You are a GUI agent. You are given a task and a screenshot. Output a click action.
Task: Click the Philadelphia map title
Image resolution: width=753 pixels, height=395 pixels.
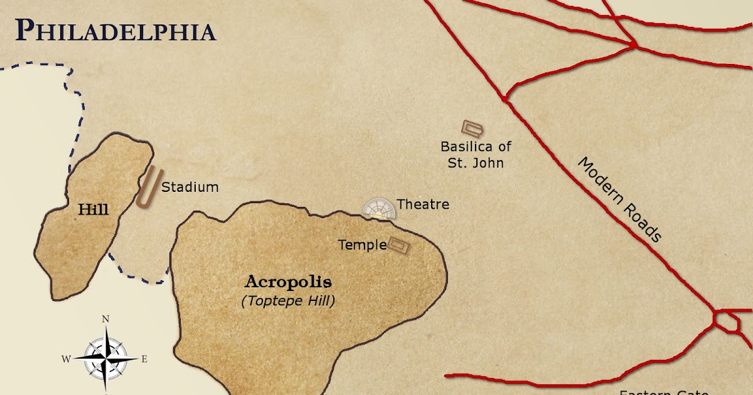[x=115, y=29]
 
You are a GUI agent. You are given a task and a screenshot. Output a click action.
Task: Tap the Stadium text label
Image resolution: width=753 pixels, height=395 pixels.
[x=190, y=187]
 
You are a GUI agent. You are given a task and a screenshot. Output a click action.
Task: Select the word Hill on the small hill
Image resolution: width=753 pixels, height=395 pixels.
[x=93, y=209]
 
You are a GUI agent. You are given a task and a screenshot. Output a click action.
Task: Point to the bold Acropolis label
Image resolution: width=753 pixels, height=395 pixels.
[x=288, y=282]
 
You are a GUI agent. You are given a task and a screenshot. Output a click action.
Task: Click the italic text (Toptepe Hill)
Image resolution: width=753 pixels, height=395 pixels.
[x=288, y=301]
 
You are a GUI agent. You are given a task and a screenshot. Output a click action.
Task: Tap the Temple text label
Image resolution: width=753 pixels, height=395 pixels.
[x=362, y=245]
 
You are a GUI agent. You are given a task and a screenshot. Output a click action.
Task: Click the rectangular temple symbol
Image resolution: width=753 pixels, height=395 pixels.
[x=398, y=245]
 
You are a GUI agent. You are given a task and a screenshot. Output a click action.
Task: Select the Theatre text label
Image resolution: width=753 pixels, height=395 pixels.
[x=422, y=204]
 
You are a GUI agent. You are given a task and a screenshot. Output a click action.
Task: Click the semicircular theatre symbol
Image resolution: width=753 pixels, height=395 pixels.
[x=379, y=209]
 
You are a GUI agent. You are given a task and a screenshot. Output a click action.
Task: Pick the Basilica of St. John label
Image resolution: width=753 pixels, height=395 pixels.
[x=476, y=155]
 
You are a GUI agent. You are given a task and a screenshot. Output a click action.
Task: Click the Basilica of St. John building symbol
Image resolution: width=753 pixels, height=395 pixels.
[x=473, y=129]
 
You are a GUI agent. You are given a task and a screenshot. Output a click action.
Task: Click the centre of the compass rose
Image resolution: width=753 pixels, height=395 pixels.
[x=107, y=358]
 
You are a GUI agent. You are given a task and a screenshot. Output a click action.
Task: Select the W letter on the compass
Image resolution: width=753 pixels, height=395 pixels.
[x=65, y=359]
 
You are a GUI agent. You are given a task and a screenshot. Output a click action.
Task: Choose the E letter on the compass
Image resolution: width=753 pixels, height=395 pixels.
[x=144, y=359]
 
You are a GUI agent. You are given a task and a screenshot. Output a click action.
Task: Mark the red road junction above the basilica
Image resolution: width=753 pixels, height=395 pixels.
[x=505, y=99]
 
